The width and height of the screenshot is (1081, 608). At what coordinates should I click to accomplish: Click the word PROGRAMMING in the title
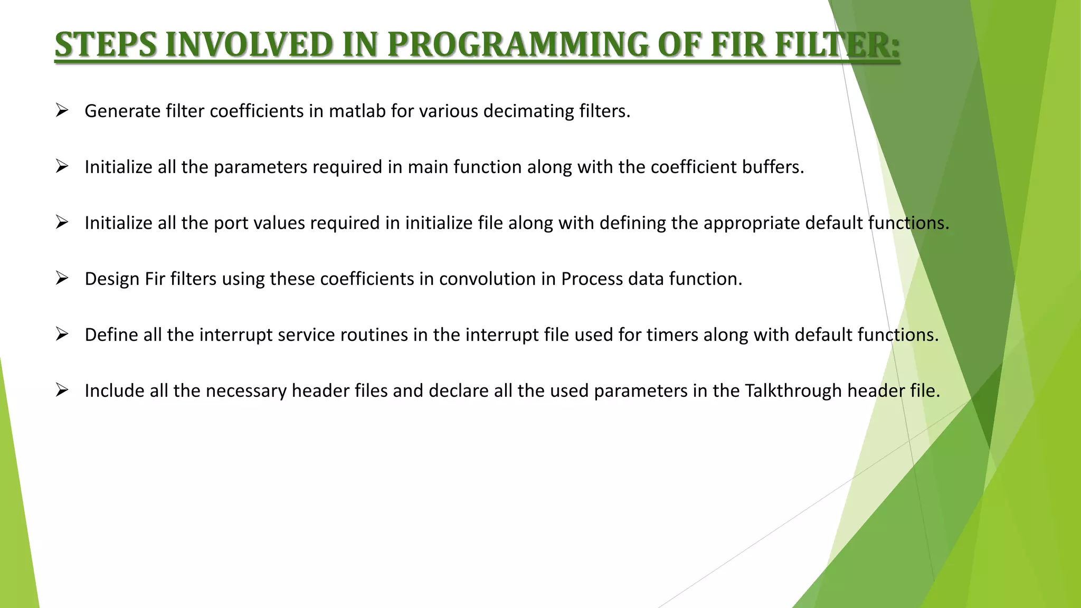click(x=517, y=45)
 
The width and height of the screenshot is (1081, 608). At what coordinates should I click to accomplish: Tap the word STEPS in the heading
click(x=106, y=45)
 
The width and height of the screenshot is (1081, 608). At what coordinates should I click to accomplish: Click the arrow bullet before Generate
click(x=62, y=111)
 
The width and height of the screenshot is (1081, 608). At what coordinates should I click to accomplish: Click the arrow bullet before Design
click(x=62, y=279)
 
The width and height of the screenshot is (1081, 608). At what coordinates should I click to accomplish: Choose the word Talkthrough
click(x=793, y=391)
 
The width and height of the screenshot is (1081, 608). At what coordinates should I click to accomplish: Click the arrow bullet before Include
click(x=62, y=391)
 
